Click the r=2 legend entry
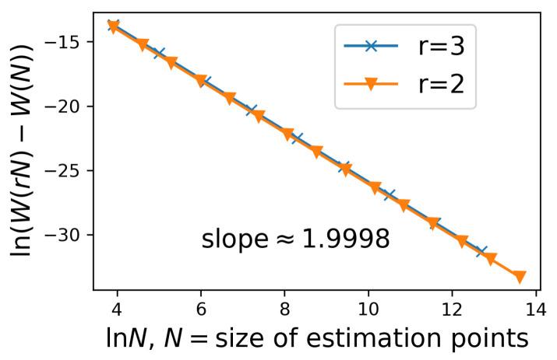click(403, 85)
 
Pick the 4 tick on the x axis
click(117, 309)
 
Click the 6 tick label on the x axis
click(201, 309)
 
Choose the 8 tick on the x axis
click(285, 309)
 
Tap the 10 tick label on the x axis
click(368, 309)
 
